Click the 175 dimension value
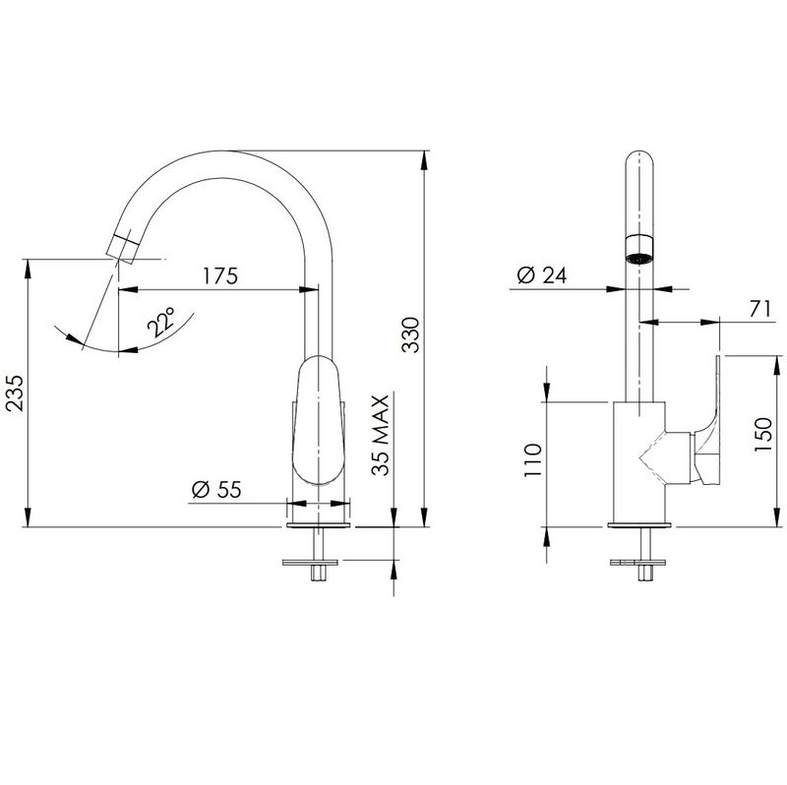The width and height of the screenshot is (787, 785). [219, 275]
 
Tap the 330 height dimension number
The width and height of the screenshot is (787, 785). [411, 334]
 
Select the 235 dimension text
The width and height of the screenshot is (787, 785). [14, 393]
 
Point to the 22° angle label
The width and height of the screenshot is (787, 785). [161, 322]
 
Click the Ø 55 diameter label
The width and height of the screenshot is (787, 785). [216, 489]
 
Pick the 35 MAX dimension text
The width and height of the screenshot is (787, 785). [380, 435]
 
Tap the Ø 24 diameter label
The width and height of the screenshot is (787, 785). [542, 275]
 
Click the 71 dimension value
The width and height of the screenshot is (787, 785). [759, 309]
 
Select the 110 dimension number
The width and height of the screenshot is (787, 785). [533, 459]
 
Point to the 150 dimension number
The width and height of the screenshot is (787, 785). [762, 435]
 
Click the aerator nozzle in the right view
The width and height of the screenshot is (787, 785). [638, 249]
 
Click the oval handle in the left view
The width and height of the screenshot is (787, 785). [319, 421]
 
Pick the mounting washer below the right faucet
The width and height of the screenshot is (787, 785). [637, 563]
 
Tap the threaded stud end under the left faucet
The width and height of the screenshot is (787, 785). [318, 574]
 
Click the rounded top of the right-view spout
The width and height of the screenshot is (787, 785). [639, 159]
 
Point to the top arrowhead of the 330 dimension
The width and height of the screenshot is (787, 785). [425, 161]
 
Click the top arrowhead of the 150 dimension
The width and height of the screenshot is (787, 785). [778, 366]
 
